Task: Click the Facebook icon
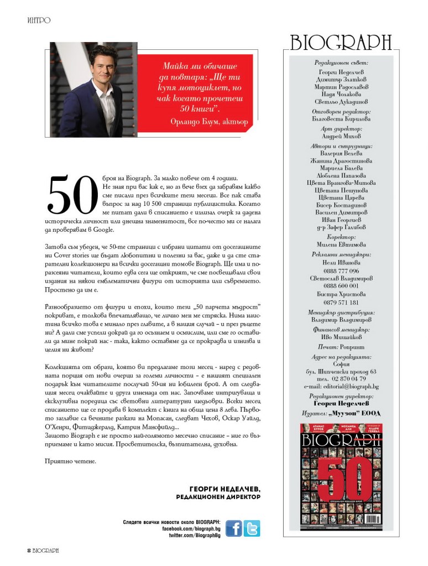[x=233, y=528]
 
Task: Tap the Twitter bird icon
[x=252, y=528]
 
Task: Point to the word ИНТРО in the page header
[x=39, y=20]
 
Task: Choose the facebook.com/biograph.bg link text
[x=191, y=529]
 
